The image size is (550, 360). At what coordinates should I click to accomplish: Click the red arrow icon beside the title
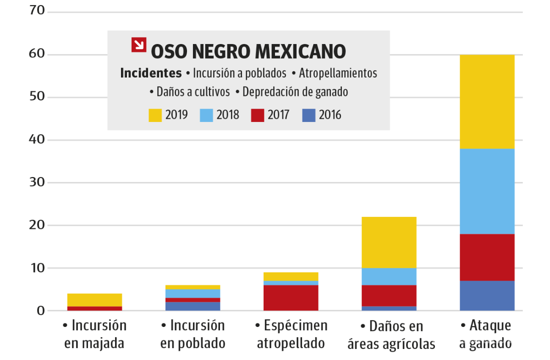point(139,44)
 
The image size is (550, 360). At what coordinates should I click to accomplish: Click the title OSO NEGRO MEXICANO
point(248,51)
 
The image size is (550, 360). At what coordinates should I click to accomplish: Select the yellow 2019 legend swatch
point(155,115)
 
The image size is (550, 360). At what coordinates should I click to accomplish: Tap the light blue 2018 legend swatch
point(207,115)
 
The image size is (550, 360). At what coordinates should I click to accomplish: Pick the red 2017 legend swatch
point(258,115)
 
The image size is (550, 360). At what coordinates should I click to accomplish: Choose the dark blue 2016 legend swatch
point(309,115)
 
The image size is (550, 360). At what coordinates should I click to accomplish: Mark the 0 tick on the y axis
point(40,311)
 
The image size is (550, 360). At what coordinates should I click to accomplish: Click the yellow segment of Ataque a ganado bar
point(487,101)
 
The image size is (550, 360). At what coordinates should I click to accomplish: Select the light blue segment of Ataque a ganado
point(487,191)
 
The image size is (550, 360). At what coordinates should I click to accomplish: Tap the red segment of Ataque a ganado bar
point(487,257)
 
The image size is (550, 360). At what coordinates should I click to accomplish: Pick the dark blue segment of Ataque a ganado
point(487,296)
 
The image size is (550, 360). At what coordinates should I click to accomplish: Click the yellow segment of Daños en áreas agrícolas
point(389,242)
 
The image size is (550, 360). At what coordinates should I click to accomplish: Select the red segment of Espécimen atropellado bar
point(291,298)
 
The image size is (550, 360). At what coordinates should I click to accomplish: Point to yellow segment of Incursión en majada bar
point(94,300)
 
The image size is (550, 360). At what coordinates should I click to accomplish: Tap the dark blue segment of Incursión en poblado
point(192,306)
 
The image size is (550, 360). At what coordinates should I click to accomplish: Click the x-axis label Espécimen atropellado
point(291,334)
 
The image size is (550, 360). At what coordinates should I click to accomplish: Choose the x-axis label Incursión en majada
point(94,334)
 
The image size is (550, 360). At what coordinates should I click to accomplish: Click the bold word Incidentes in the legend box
point(150,73)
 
